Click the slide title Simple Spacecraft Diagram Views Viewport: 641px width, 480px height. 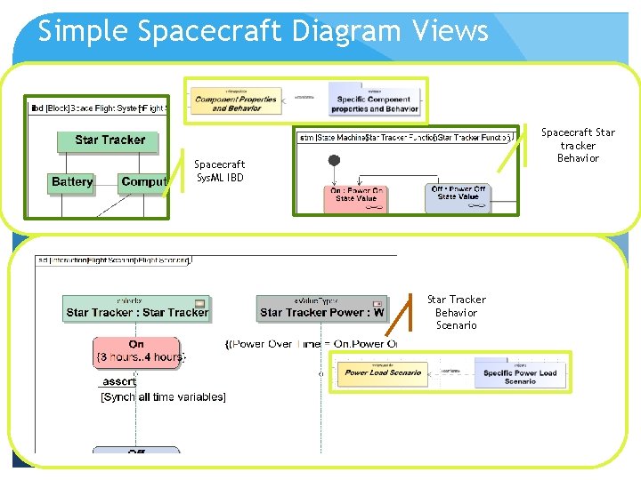263,31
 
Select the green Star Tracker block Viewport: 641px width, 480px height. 110,140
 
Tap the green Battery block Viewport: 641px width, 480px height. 72,182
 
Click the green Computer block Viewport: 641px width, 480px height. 143,182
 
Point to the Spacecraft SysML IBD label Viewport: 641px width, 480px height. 219,171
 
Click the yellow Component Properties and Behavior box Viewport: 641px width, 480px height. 236,103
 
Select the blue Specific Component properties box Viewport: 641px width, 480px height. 374,103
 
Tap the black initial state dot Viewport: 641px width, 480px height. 335,161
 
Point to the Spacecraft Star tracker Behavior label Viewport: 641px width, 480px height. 578,145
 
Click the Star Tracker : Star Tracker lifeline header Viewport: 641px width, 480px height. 137,308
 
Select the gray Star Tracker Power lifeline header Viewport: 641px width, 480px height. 321,308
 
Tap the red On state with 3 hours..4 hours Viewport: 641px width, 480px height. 136,351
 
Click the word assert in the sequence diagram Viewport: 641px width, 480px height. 118,381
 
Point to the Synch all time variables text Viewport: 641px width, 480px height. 163,396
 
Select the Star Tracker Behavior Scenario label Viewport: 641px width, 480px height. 456,312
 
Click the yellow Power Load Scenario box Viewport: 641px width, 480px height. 383,372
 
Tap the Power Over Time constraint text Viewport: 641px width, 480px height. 312,344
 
